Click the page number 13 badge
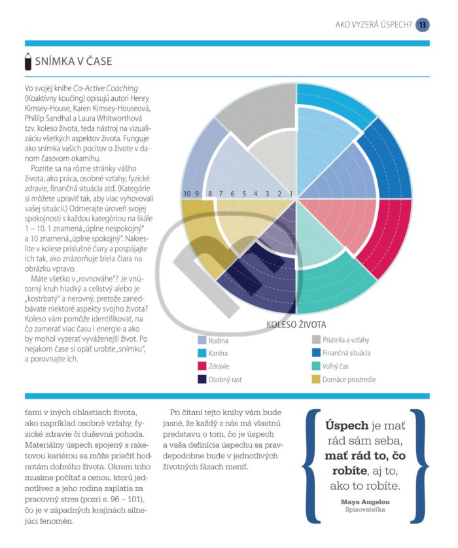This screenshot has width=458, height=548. [x=423, y=25]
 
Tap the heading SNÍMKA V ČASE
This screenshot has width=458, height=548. [x=73, y=61]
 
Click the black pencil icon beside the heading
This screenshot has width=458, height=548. [x=28, y=62]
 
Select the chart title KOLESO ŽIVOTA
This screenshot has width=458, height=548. [x=296, y=325]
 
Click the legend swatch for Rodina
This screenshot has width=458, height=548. [x=202, y=340]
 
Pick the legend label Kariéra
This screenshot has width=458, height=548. [x=218, y=354]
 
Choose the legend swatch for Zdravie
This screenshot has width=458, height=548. [x=202, y=366]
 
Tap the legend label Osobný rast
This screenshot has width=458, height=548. [x=225, y=380]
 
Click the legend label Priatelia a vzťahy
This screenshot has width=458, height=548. [x=346, y=340]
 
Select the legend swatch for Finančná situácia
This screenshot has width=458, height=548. [x=316, y=353]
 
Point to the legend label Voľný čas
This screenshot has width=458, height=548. [x=336, y=366]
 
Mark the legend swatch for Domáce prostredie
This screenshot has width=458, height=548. [x=316, y=379]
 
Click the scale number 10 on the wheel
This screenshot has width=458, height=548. [x=187, y=194]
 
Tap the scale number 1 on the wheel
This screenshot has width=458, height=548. [x=291, y=194]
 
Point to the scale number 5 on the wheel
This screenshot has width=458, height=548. [x=244, y=194]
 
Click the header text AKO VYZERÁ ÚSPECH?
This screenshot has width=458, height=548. [x=374, y=25]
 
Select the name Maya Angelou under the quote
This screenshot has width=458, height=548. [x=365, y=502]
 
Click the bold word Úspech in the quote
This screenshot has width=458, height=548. [x=347, y=426]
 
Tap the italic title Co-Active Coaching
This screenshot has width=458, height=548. [x=105, y=88]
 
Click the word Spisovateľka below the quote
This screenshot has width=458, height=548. [x=365, y=509]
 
